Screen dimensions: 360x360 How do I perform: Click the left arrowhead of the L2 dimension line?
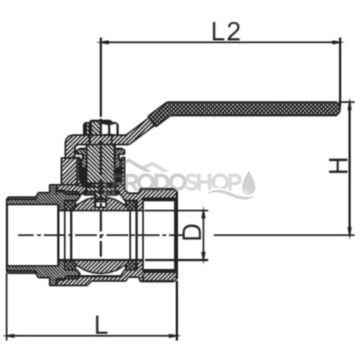pyautogui.click(x=105, y=42)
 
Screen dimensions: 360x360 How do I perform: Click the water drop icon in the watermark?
pyautogui.click(x=249, y=182)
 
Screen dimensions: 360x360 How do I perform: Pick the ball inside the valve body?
pyautogui.click(x=100, y=236)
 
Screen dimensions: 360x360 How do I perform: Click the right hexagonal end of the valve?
pyautogui.click(x=160, y=236)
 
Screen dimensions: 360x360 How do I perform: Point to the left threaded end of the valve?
pyautogui.click(x=27, y=236)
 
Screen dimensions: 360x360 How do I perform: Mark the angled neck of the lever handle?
pyautogui.click(x=140, y=130)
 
